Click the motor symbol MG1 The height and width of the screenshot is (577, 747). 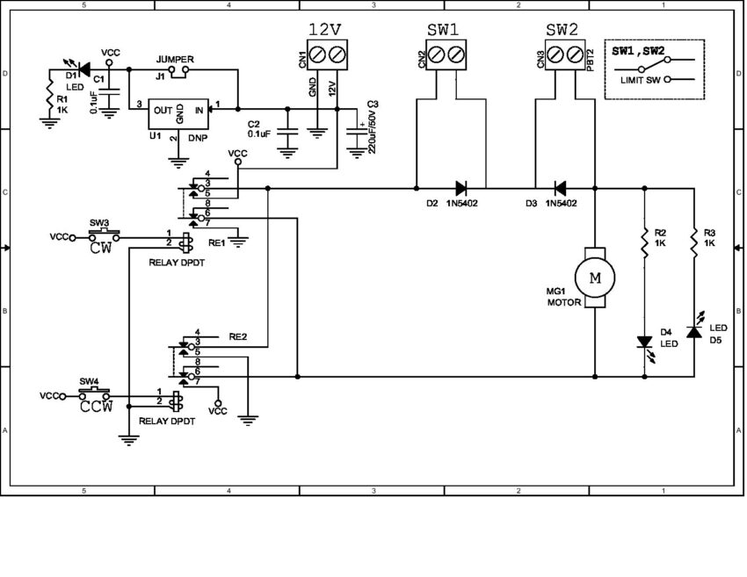click(x=595, y=278)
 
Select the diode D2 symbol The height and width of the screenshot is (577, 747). click(x=461, y=187)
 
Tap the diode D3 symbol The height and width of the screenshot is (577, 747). click(x=559, y=187)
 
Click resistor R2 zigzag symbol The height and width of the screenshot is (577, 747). click(x=645, y=242)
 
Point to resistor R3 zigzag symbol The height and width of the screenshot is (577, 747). click(x=694, y=242)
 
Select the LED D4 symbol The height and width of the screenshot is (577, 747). click(x=645, y=343)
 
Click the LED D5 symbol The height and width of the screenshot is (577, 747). click(x=694, y=332)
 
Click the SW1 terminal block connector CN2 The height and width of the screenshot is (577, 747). click(x=446, y=55)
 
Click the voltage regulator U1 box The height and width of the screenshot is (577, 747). click(x=180, y=110)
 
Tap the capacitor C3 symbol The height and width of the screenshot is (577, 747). click(x=357, y=136)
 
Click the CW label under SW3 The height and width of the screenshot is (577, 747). click(x=102, y=248)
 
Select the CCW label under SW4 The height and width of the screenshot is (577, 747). click(x=96, y=407)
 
